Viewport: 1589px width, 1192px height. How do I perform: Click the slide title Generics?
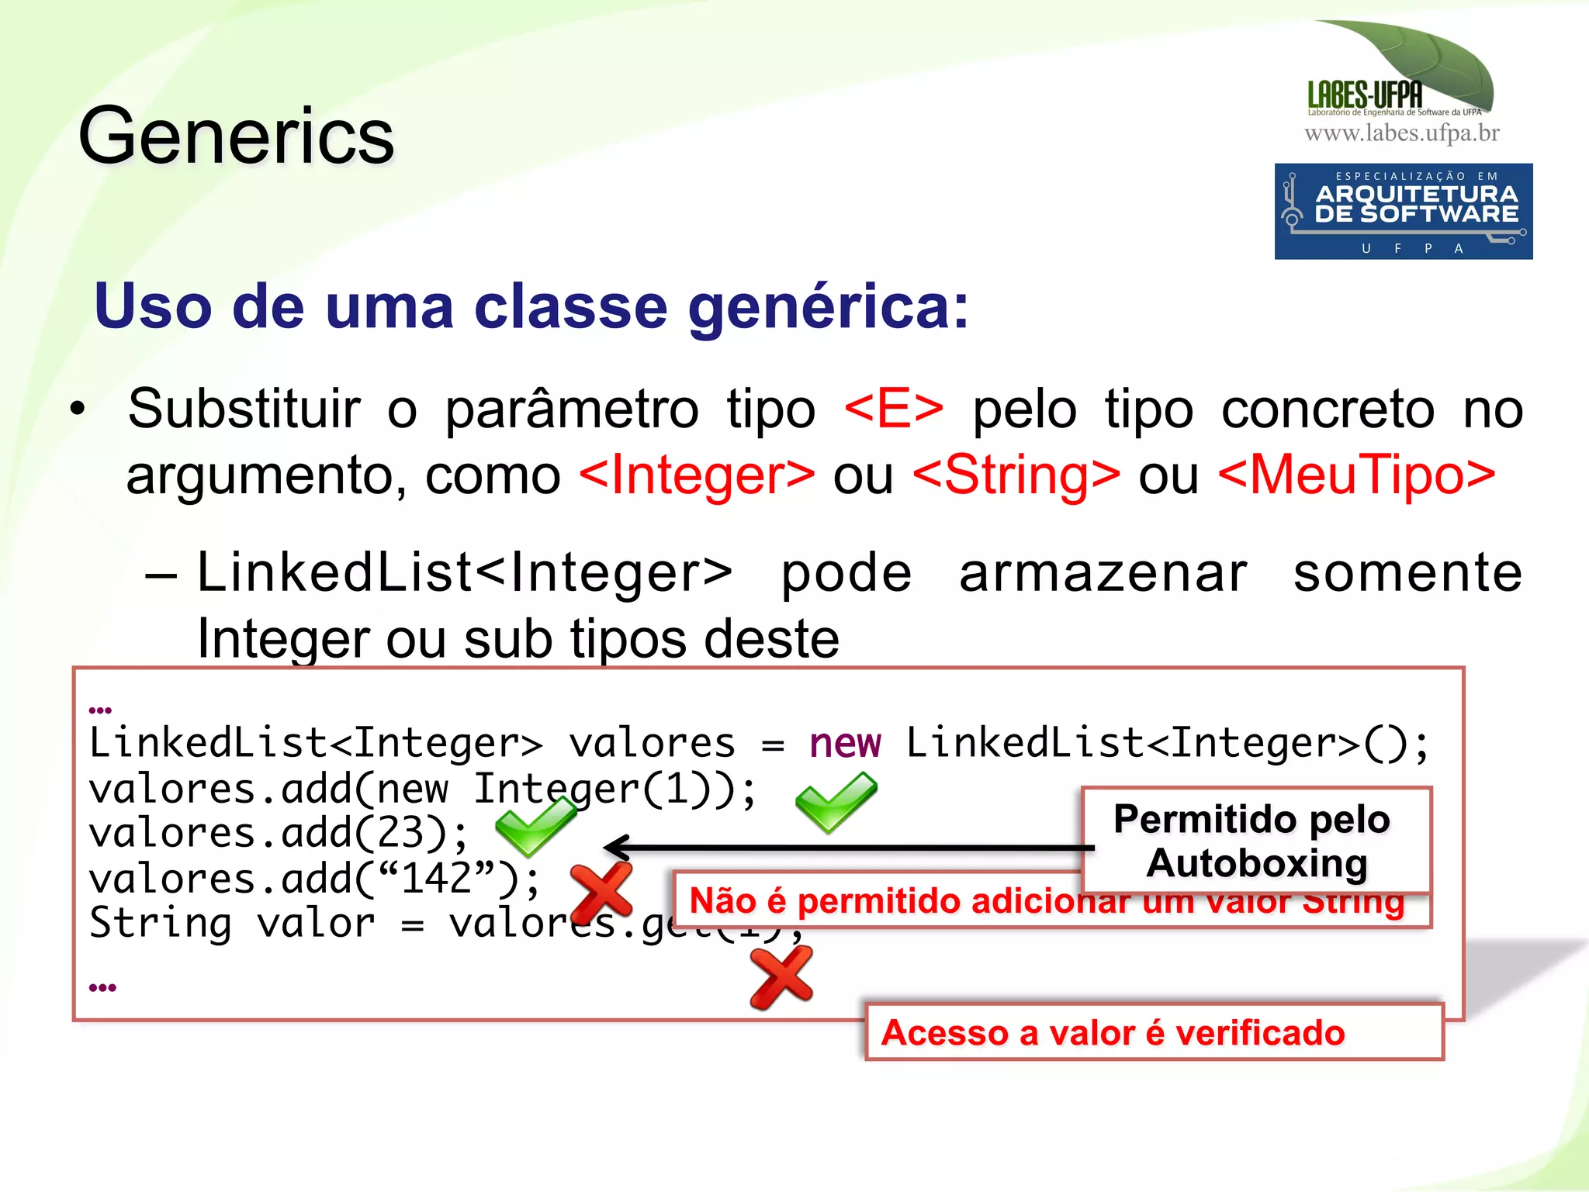(237, 136)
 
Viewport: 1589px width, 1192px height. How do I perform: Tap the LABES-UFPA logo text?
(1365, 95)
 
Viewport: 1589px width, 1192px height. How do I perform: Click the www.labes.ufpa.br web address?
(1401, 133)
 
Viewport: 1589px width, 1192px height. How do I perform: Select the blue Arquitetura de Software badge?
(1403, 211)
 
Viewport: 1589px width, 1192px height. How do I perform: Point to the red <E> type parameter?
(893, 409)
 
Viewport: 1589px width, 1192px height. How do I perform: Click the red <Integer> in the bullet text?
(697, 475)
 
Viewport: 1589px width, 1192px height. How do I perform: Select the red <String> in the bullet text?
(1016, 475)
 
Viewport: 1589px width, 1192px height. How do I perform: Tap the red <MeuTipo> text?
(1356, 475)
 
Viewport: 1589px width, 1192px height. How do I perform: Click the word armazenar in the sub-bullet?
(1103, 573)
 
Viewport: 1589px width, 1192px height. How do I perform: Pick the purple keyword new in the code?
(845, 743)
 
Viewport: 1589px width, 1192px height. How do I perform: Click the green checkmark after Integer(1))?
(835, 803)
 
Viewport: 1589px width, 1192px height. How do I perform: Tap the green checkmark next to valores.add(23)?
(535, 826)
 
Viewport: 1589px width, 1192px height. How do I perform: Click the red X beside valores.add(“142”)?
(601, 892)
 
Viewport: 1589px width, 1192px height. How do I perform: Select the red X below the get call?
(781, 978)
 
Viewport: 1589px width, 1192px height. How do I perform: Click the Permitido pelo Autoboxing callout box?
(1255, 841)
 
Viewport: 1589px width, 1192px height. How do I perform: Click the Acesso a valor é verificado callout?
(1153, 1032)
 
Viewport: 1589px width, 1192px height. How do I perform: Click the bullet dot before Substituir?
(77, 409)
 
